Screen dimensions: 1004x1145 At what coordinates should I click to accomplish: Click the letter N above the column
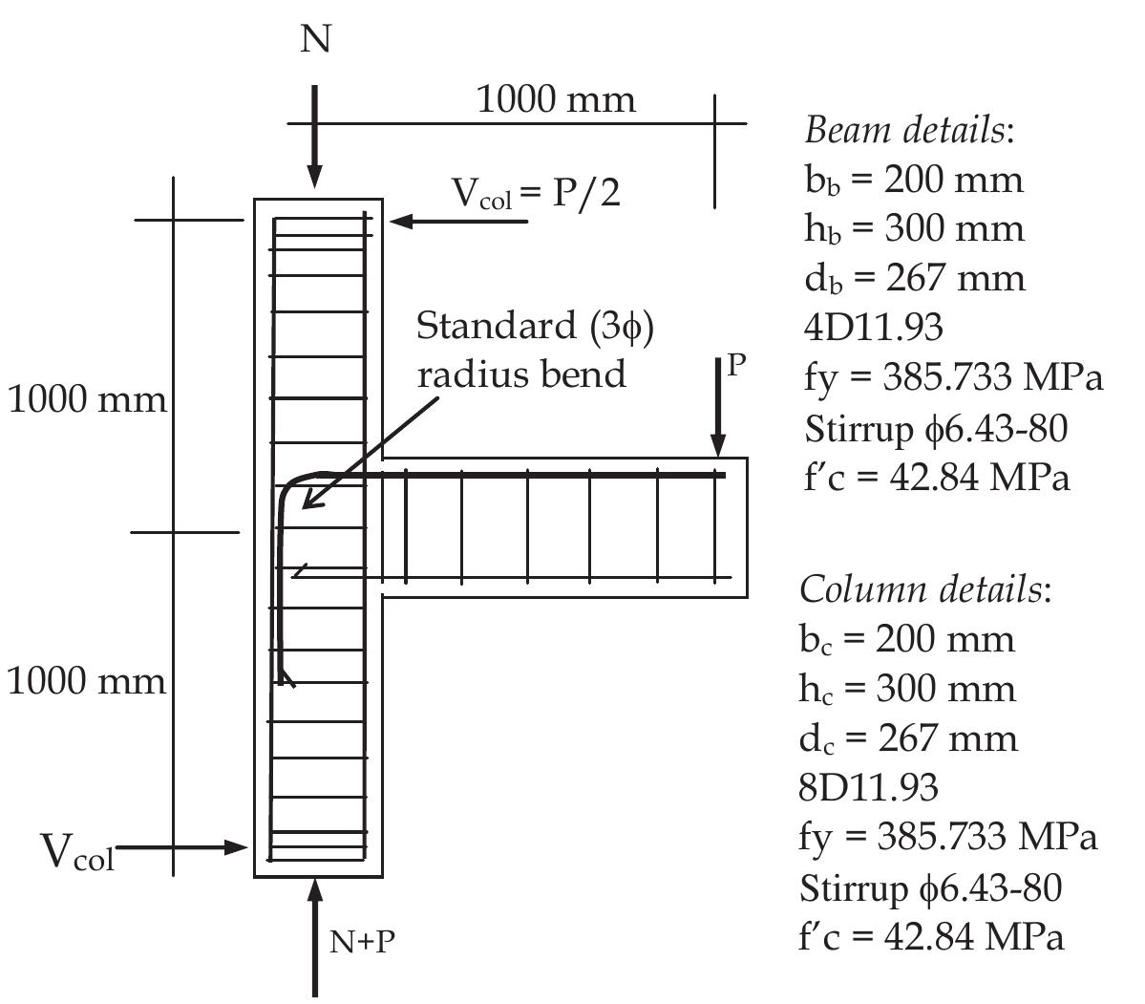point(315,40)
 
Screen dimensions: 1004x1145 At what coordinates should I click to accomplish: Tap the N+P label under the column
point(363,942)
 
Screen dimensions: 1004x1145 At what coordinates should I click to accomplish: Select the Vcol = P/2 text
point(536,194)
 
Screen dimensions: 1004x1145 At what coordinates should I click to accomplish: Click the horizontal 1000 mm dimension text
point(555,99)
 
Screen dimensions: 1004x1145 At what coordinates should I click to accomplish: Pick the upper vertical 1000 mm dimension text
point(87,398)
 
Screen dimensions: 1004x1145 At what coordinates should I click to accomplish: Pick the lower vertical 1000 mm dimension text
point(87,681)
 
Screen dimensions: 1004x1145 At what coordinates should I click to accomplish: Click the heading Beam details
point(908,129)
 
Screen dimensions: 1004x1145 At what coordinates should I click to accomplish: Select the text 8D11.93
point(868,788)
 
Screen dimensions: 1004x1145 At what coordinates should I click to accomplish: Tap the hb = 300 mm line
point(913,229)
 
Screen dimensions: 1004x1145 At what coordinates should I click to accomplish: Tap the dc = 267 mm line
point(908,738)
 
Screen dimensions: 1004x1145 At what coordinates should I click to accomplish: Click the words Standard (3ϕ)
point(535,327)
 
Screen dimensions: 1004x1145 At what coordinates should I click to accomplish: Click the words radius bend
point(521,374)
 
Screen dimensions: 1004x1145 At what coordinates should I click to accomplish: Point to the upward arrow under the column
point(315,931)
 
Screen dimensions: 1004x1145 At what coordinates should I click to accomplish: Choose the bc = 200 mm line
point(906,638)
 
